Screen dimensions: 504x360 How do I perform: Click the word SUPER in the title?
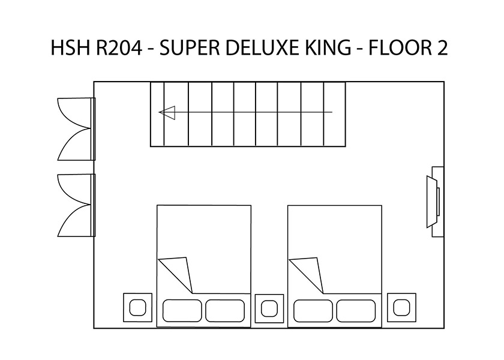pyautogui.click(x=190, y=47)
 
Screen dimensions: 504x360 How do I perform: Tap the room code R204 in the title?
pyautogui.click(x=119, y=47)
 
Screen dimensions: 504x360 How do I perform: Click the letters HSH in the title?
pyautogui.click(x=70, y=47)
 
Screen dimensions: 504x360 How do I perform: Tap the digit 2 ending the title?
pyautogui.click(x=442, y=47)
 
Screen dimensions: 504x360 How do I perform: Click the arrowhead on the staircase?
pyautogui.click(x=167, y=113)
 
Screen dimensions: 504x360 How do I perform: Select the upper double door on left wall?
pyautogui.click(x=77, y=129)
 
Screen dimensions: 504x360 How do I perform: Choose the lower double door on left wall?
pyautogui.click(x=77, y=205)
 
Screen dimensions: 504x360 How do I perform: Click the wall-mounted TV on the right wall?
pyautogui.click(x=435, y=202)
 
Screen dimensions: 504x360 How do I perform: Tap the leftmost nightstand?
pyautogui.click(x=137, y=307)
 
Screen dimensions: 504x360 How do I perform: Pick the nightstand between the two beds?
pyautogui.click(x=269, y=308)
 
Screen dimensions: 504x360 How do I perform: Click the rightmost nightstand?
pyautogui.click(x=401, y=307)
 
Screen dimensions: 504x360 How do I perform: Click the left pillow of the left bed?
pyautogui.click(x=182, y=311)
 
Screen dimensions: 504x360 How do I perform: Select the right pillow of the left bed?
pyautogui.click(x=225, y=311)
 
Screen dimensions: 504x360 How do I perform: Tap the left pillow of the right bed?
pyautogui.click(x=313, y=311)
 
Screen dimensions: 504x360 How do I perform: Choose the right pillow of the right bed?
pyautogui.click(x=356, y=311)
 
